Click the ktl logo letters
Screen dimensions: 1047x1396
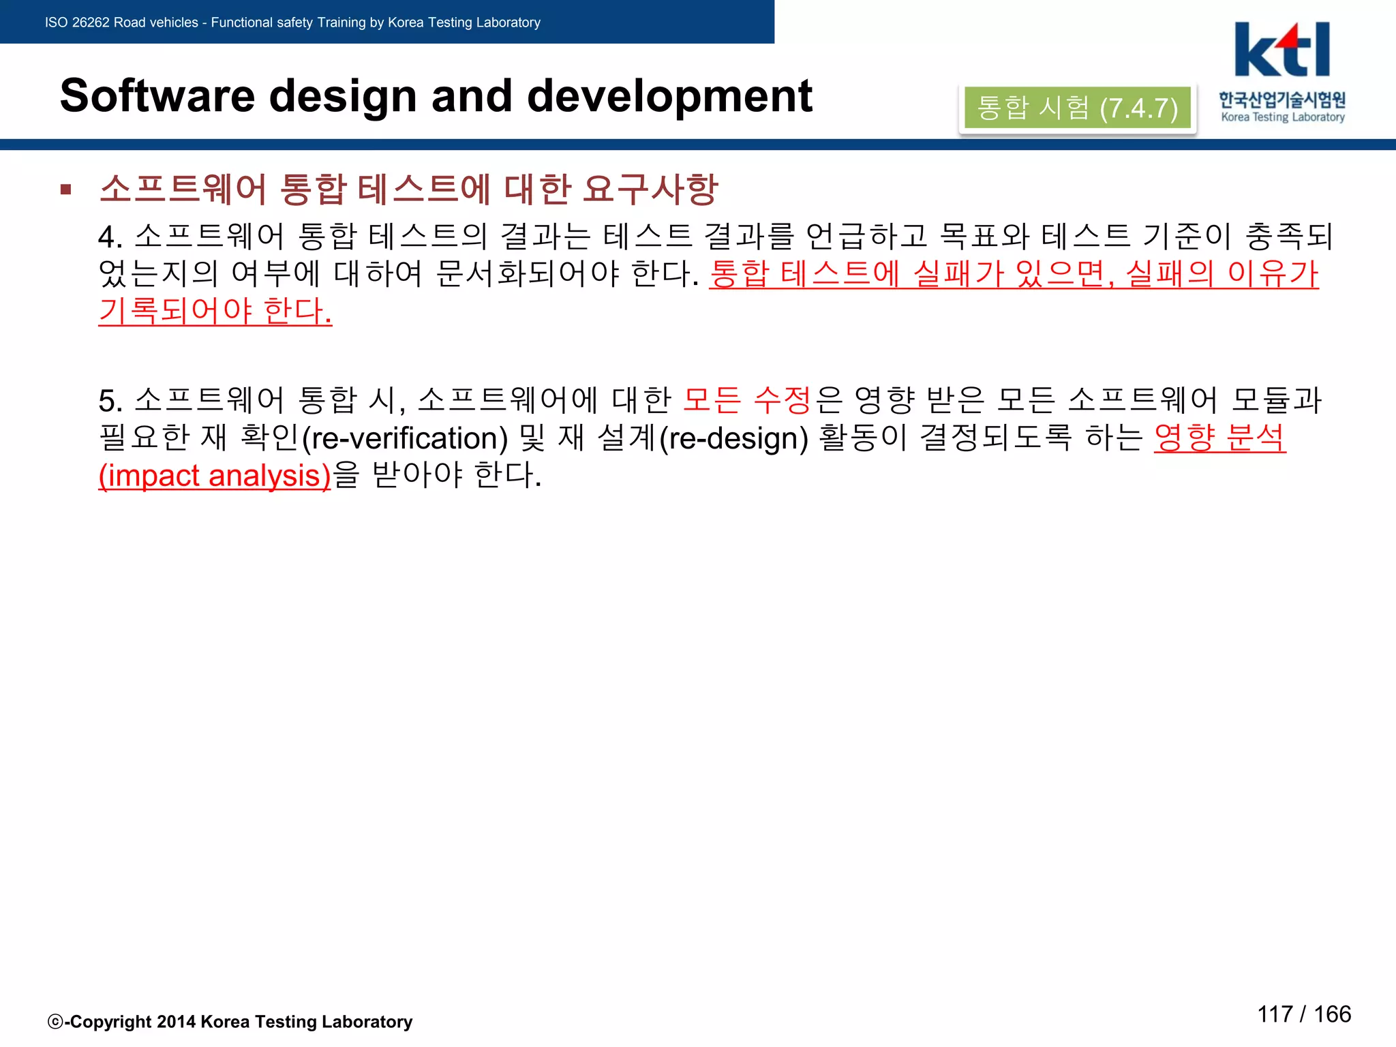click(x=1281, y=50)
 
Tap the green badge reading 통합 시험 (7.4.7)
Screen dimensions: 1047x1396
click(x=1077, y=108)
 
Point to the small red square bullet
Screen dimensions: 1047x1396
click(x=66, y=189)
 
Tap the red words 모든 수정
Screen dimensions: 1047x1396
click(x=746, y=400)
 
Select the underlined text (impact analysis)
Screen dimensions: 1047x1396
click(x=215, y=476)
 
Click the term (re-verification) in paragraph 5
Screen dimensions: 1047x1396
click(x=405, y=438)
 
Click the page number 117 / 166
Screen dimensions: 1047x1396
click(x=1303, y=1014)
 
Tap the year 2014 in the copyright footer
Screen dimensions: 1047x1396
click(x=176, y=1022)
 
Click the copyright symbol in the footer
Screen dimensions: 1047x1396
click(x=55, y=1022)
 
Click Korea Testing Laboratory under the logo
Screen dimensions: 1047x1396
click(x=1283, y=117)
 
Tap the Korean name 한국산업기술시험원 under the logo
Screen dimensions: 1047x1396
click(x=1282, y=100)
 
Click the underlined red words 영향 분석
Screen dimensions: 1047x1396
click(x=1219, y=438)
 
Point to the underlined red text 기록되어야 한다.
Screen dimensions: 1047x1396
click(x=215, y=311)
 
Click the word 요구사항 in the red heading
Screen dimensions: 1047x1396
click(x=650, y=189)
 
